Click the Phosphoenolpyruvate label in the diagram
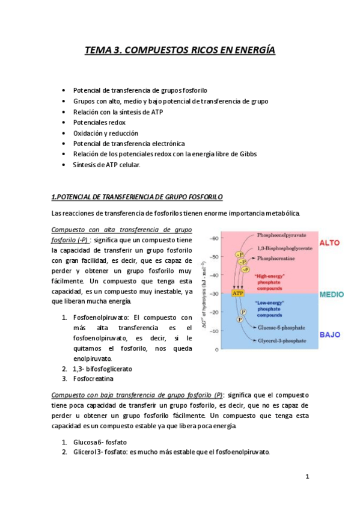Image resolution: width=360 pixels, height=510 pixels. (281, 236)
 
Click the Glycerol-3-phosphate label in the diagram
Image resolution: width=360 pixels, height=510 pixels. (281, 340)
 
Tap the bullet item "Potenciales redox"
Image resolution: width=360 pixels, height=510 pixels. (99, 123)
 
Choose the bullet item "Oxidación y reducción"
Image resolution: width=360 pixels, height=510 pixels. (105, 133)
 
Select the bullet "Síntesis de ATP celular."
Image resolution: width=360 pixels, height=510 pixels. (106, 164)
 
